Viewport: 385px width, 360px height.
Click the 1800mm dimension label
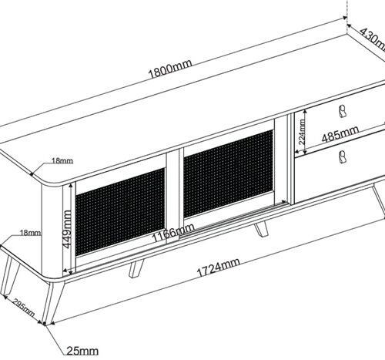[170, 69]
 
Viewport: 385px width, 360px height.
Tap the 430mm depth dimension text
[373, 39]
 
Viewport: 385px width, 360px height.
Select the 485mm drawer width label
[340, 133]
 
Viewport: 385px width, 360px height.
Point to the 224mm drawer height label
[303, 132]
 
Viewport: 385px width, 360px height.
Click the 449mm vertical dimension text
[67, 229]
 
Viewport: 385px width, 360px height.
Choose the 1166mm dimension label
[173, 232]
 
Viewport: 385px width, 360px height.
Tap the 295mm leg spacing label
[24, 308]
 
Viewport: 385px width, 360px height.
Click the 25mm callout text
[82, 351]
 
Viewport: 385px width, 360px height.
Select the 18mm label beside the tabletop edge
[62, 161]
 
